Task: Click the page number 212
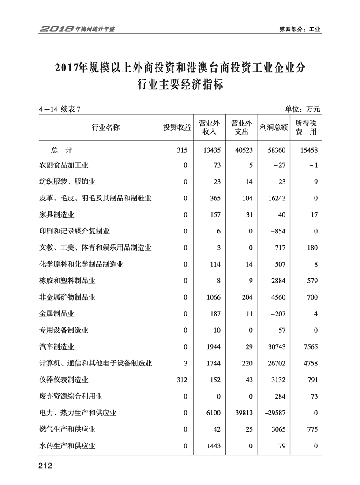(45, 466)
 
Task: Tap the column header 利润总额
(274, 128)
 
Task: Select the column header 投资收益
(177, 128)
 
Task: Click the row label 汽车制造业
(57, 346)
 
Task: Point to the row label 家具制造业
(57, 214)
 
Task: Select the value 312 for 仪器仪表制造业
(182, 380)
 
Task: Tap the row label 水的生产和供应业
(67, 446)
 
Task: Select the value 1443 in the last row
(213, 446)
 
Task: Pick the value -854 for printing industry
(278, 231)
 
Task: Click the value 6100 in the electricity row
(213, 413)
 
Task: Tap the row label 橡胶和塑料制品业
(67, 281)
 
